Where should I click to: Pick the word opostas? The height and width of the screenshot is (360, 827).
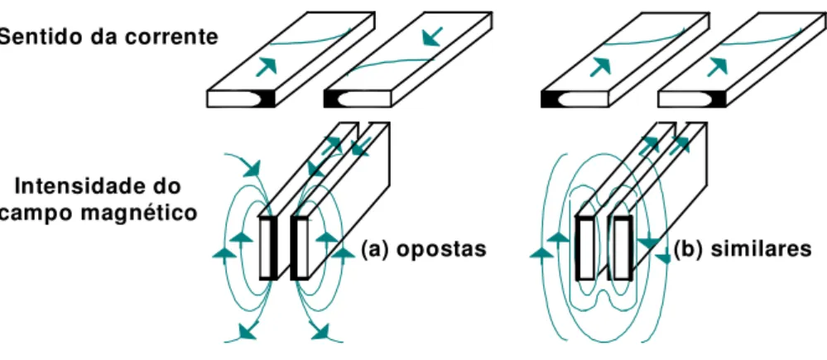[441, 249]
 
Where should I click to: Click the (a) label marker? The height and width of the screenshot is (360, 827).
[376, 249]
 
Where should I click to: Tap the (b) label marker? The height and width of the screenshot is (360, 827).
[690, 249]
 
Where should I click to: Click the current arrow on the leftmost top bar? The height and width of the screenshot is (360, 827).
[267, 67]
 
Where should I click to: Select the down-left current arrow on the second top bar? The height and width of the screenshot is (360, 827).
[433, 37]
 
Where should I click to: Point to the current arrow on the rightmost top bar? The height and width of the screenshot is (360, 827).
[718, 66]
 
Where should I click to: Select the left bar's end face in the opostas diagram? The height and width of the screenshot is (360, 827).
[268, 247]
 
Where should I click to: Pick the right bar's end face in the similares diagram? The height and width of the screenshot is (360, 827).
[622, 247]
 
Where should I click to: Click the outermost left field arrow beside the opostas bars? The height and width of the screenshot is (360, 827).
[224, 253]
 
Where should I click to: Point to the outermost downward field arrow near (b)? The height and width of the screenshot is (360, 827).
[663, 257]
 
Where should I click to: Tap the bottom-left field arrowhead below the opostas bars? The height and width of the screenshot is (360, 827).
[248, 330]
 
